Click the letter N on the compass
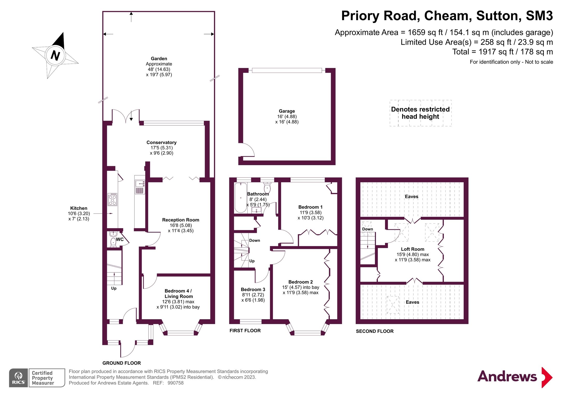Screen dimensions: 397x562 coord(55,55)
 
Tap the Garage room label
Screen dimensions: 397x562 coord(287,111)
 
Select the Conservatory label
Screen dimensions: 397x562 coord(161,142)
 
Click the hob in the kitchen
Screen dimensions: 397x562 coord(112,200)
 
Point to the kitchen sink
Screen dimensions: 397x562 coord(139,184)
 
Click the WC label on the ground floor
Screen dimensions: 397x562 coord(120,239)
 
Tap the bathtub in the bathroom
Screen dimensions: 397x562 coord(241,197)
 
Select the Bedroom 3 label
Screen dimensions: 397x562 coord(253,289)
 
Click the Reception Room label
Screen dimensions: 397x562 coord(181,220)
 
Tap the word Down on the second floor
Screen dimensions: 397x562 coord(367,229)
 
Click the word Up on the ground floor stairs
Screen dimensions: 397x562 coord(114,288)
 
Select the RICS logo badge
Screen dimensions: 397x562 coord(18,378)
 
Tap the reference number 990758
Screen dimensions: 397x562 coord(175,383)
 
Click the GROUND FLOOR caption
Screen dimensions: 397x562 coord(122,363)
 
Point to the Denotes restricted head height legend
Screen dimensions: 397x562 coord(420,113)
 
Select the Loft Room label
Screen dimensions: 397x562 coord(412,249)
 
